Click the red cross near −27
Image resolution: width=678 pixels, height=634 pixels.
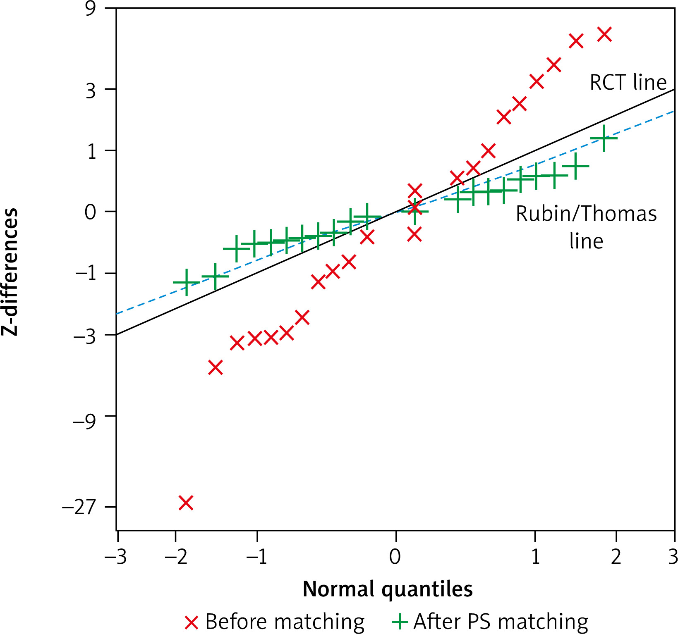tap(186, 503)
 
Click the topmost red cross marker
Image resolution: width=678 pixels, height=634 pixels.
tap(605, 34)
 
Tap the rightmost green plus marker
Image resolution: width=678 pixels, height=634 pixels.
tap(604, 138)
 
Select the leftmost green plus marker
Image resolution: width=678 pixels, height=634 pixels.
tap(187, 282)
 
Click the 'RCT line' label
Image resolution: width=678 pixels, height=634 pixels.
tap(628, 82)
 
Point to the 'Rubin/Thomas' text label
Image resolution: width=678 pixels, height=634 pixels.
tap(586, 214)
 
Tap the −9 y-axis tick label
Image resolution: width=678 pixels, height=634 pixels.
tap(84, 420)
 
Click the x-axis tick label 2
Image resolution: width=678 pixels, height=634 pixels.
tap(616, 557)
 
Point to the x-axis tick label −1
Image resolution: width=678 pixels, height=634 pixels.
tap(257, 557)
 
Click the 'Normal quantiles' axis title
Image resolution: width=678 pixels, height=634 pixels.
tap(388, 589)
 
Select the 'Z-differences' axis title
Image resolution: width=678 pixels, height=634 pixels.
tap(10, 272)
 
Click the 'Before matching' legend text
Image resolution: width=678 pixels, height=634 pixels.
tap(285, 622)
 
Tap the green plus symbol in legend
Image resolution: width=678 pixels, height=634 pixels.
tap(400, 622)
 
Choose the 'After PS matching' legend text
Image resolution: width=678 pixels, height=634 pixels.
tap(501, 622)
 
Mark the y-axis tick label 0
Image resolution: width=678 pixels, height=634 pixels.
tap(91, 212)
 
